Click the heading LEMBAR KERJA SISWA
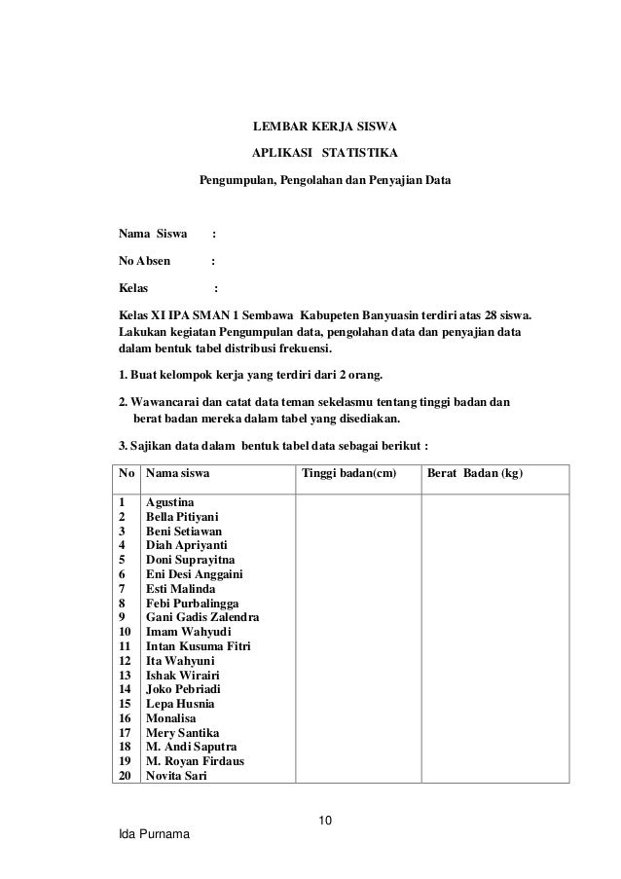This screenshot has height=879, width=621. point(325,127)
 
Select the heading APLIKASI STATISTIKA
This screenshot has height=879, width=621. point(325,154)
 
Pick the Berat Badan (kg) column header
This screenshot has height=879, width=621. point(475,475)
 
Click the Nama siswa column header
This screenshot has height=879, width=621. point(176,475)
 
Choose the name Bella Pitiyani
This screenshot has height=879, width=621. point(182,517)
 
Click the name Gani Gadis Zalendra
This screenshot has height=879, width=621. point(202,617)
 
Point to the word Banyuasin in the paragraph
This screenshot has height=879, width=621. point(395,316)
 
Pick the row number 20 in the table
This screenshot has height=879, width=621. point(126,775)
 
